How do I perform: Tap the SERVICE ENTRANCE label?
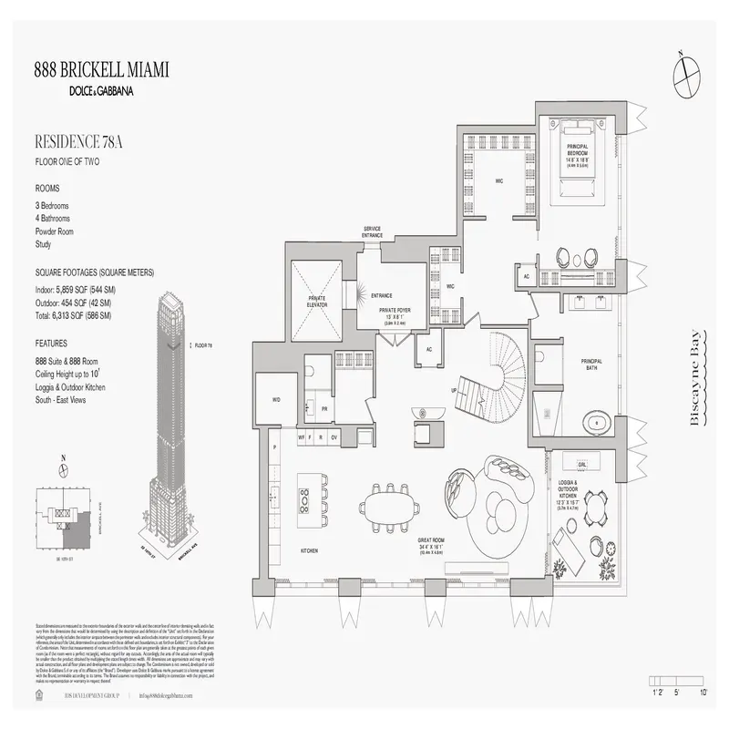click(x=373, y=232)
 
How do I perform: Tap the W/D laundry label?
click(x=275, y=399)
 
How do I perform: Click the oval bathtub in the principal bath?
click(x=597, y=422)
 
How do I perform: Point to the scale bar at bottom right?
click(x=678, y=682)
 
